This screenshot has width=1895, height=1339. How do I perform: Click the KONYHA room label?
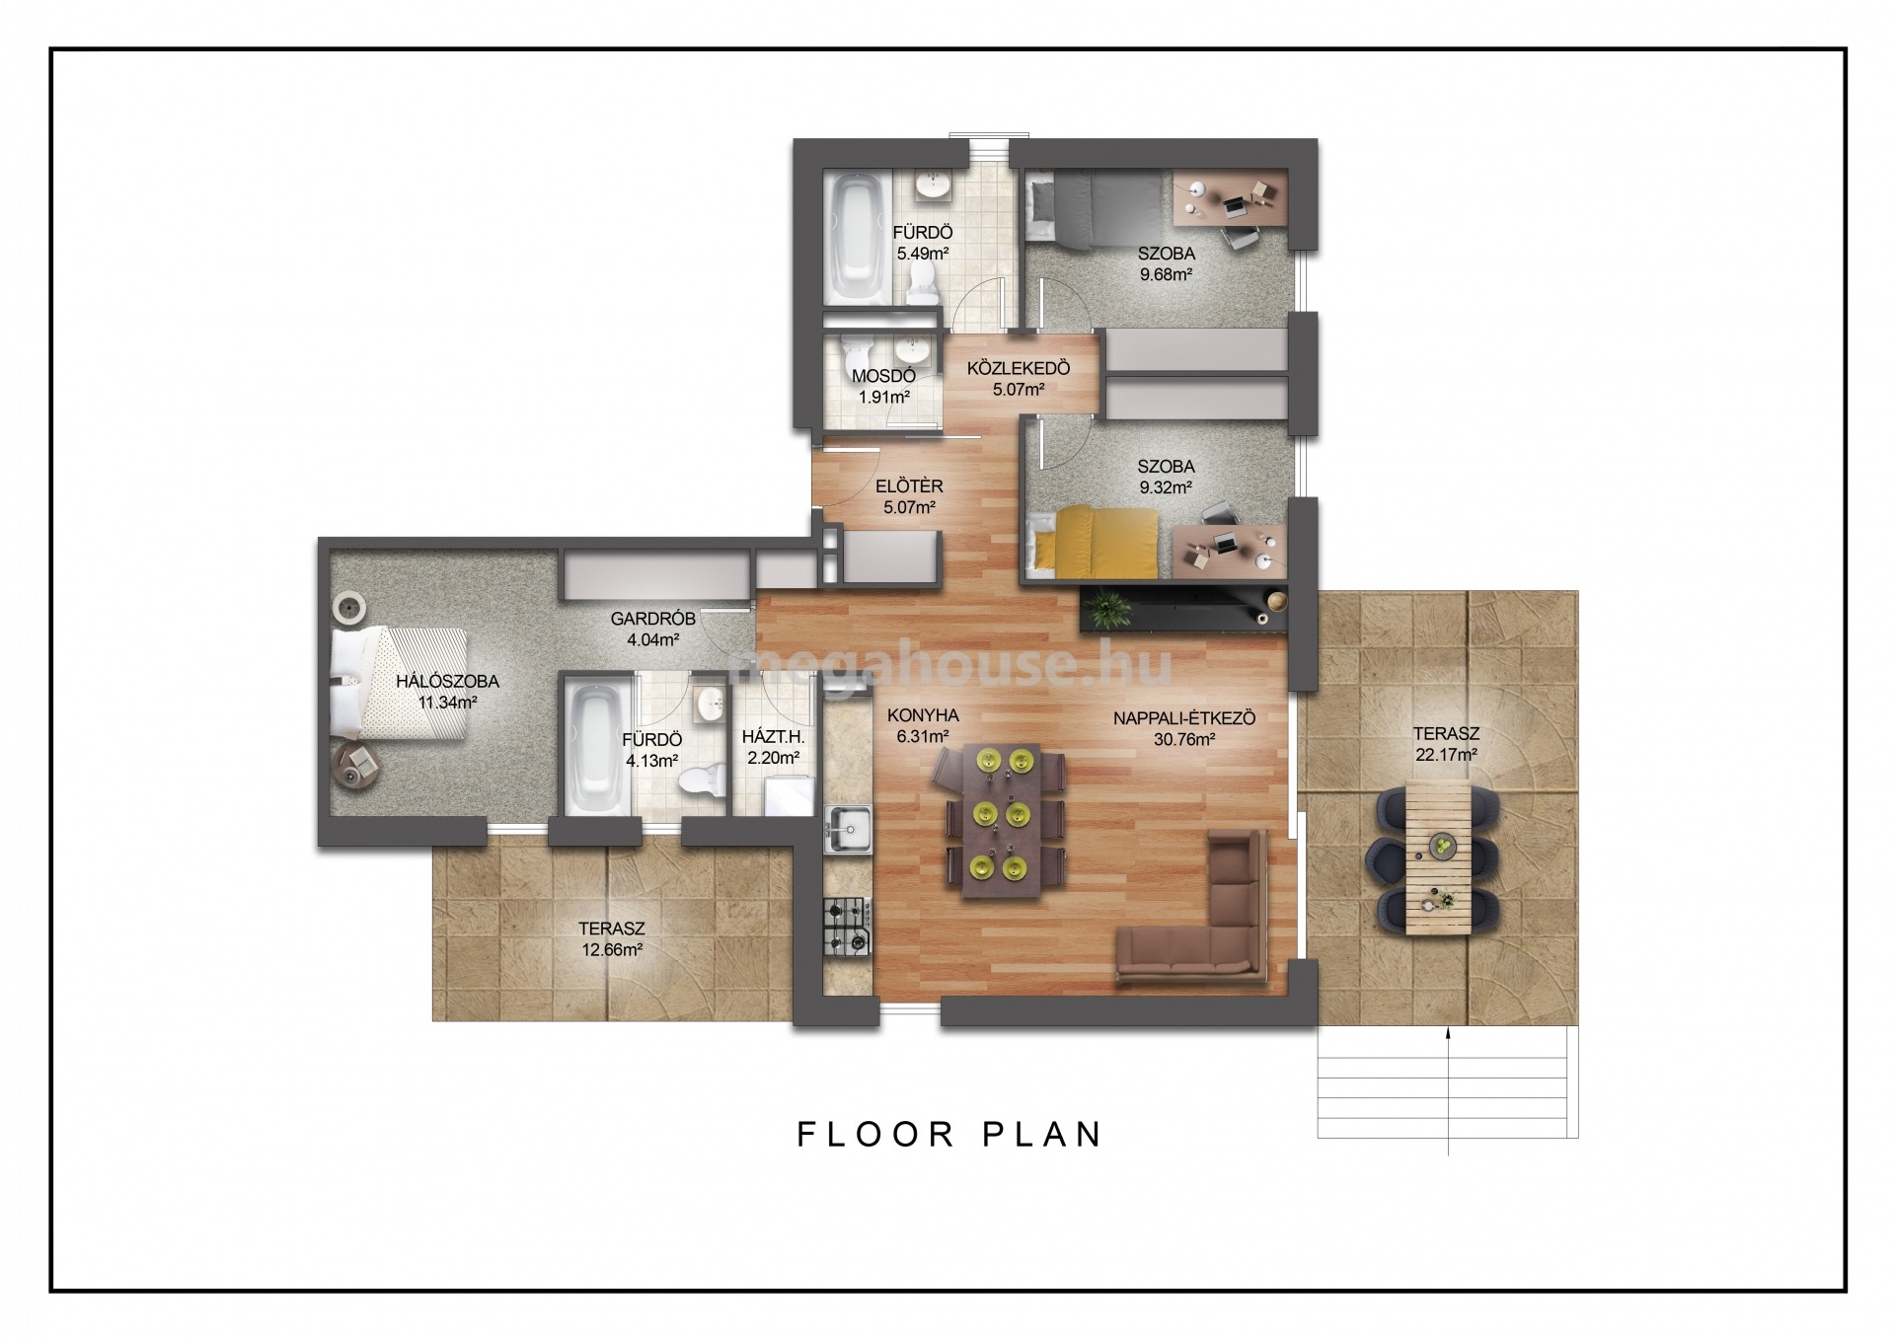(923, 715)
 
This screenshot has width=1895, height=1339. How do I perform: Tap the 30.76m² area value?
(1184, 738)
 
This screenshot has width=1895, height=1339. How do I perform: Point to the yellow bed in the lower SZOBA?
(1093, 541)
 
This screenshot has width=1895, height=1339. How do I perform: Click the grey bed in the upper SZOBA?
(1093, 207)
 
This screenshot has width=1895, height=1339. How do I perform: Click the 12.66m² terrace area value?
(612, 950)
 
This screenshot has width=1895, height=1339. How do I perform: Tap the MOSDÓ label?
(883, 376)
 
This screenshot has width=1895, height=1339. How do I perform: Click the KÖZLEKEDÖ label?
(1019, 368)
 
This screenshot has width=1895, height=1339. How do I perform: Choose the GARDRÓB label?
(652, 619)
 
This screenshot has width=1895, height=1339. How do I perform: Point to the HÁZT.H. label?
(774, 736)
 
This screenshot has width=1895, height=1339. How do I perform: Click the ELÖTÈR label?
(909, 485)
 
